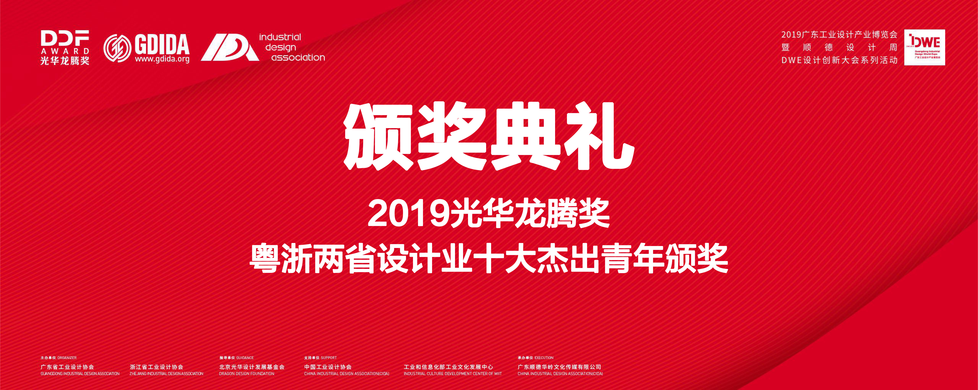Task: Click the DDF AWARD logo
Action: pyautogui.click(x=65, y=48)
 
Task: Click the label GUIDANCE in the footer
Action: pyautogui.click(x=245, y=358)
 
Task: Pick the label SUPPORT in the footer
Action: pyautogui.click(x=329, y=358)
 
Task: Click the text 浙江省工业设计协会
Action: pyautogui.click(x=156, y=367)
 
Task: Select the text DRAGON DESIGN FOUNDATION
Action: pyautogui.click(x=246, y=374)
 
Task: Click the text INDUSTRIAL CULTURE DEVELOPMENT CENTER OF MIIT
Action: pyautogui.click(x=453, y=374)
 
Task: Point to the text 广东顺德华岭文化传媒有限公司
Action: pyautogui.click(x=559, y=367)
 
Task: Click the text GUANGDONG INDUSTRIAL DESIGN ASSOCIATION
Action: pyautogui.click(x=80, y=374)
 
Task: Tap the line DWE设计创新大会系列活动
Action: pyautogui.click(x=839, y=60)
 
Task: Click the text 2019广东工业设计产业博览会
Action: pyautogui.click(x=839, y=35)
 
